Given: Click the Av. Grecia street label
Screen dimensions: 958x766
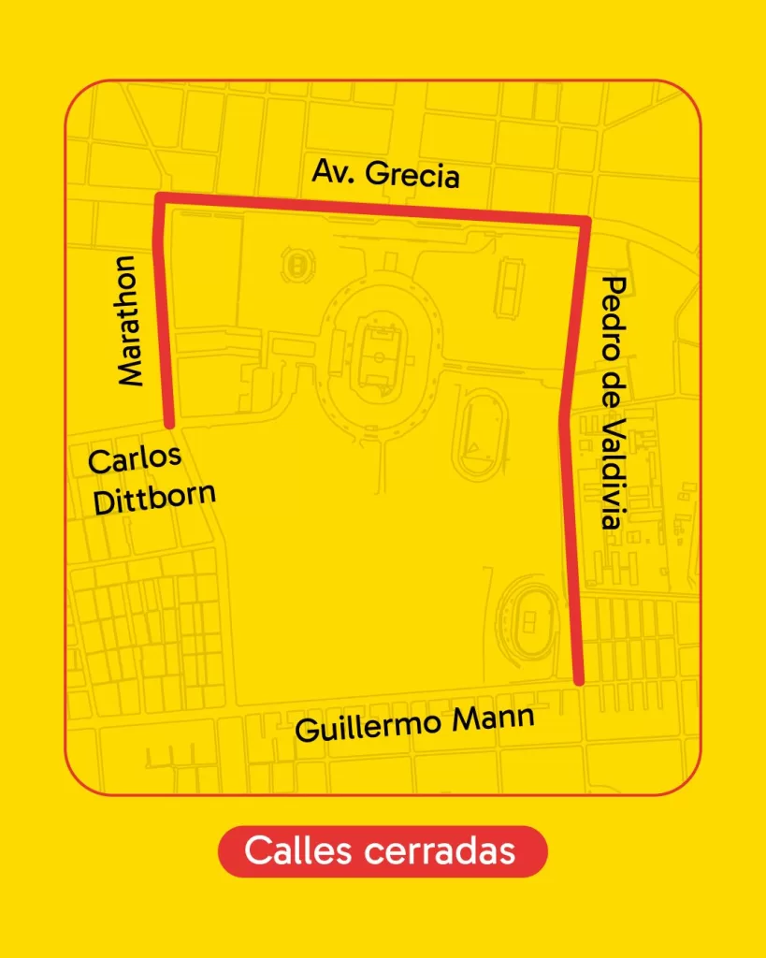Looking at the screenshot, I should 385,174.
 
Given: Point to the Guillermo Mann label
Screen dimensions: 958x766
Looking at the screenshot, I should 415,723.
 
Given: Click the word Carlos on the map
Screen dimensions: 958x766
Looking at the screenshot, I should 134,459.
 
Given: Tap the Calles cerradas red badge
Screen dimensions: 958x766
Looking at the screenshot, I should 382,851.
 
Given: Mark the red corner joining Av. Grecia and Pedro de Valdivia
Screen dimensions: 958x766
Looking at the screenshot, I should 585,222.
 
